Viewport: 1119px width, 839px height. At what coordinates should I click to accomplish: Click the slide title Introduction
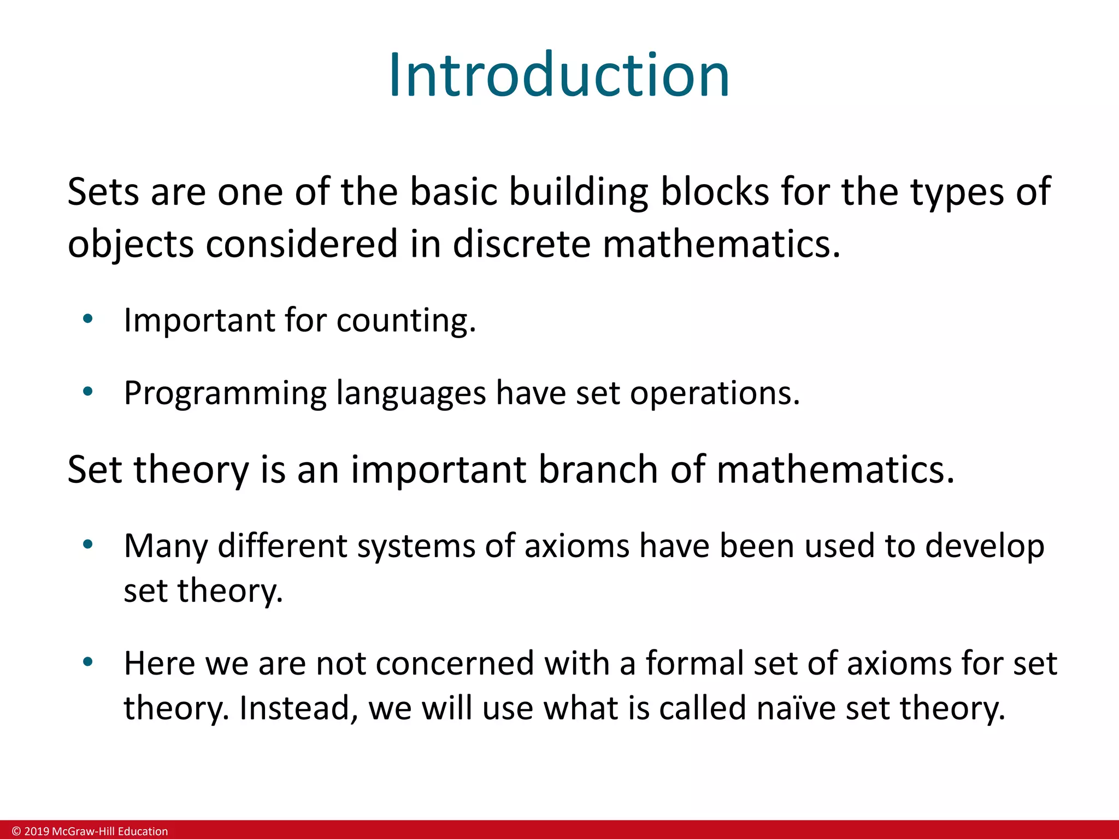click(x=559, y=75)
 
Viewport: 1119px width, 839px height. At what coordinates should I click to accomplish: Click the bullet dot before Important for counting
click(x=88, y=318)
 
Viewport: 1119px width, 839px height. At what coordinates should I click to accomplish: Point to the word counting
click(x=406, y=321)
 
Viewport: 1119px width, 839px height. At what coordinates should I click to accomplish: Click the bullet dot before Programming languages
click(x=88, y=391)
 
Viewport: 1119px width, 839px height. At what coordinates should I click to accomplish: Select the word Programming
click(x=225, y=394)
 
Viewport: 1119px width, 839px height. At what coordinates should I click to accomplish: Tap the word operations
click(x=715, y=394)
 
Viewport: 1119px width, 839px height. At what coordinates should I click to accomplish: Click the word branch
click(x=598, y=469)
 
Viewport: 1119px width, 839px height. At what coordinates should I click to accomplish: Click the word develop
click(x=985, y=546)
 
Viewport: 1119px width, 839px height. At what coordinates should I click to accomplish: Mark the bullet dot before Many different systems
click(x=88, y=544)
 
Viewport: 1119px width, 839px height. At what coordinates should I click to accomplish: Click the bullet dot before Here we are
click(x=88, y=662)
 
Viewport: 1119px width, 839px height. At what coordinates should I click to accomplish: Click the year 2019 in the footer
click(x=37, y=831)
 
